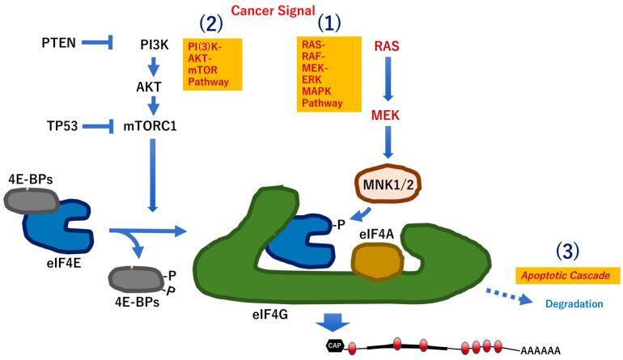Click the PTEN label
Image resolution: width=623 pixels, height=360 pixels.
pyautogui.click(x=58, y=40)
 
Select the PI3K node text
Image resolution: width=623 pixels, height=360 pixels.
pyautogui.click(x=155, y=40)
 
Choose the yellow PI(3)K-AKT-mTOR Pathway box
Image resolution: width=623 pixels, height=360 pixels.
pyautogui.click(x=214, y=64)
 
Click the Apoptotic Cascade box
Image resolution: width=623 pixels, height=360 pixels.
pyautogui.click(x=568, y=276)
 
